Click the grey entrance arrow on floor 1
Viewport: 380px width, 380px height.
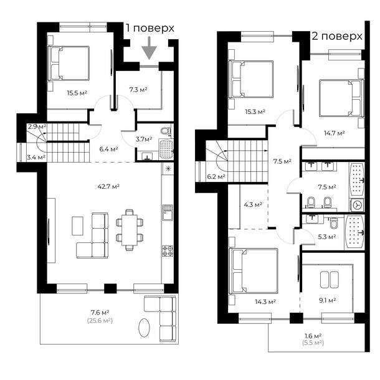[149, 48]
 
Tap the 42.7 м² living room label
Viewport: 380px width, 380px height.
[108, 187]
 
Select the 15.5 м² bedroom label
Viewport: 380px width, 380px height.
[77, 93]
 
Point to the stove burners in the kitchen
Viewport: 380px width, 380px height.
[168, 251]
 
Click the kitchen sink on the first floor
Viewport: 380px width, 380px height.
[168, 212]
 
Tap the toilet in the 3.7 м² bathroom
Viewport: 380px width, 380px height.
[166, 131]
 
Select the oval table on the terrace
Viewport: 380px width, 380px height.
[144, 328]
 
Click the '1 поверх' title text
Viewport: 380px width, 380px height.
[150, 28]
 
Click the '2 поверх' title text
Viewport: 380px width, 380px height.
[337, 36]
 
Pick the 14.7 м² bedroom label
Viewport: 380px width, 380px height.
[335, 133]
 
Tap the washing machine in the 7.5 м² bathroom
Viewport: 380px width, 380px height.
[357, 205]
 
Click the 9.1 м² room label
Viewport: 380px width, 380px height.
[327, 300]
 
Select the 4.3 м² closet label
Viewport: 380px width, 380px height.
[253, 205]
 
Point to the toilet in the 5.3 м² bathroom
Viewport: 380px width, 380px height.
[334, 223]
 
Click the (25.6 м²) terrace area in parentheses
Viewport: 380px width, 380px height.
[100, 321]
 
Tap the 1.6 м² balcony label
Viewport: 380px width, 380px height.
[313, 336]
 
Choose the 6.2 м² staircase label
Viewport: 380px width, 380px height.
[216, 177]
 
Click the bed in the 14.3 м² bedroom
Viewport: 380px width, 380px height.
[254, 270]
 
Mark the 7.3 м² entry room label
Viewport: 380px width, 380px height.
[138, 90]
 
